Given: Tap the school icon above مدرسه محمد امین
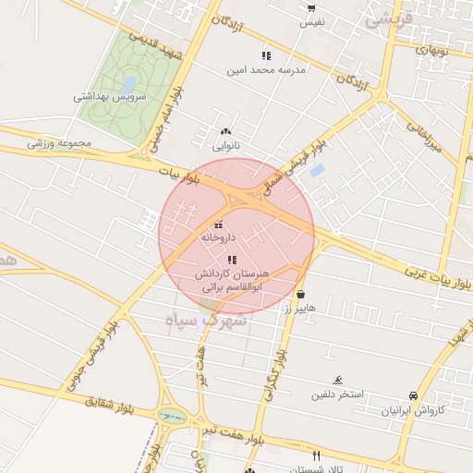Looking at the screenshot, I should pos(240,55).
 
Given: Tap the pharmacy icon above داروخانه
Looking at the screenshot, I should pos(219,224).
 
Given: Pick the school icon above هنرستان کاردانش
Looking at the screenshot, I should pos(231,260).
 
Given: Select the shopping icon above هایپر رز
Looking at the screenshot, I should pos(300,294).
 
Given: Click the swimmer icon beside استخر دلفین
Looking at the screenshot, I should pos(339,381).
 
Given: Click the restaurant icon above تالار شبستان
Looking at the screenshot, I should pos(317,455).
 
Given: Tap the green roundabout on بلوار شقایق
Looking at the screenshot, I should pos(172,417).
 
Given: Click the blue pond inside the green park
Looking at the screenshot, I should pos(127,84).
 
